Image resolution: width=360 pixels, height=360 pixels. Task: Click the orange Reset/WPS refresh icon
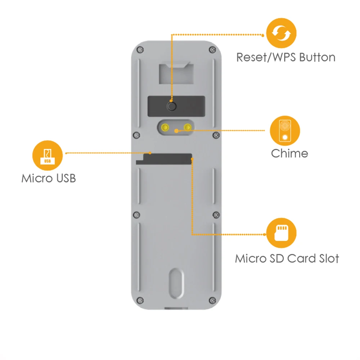point(281,33)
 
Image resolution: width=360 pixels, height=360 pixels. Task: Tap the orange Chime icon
point(285,130)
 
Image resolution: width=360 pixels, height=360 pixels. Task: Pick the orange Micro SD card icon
point(281,234)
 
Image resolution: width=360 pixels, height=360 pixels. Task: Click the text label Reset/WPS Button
point(285,57)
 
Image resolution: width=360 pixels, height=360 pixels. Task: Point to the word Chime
point(289,153)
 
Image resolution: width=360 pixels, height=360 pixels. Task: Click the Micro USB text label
point(49,178)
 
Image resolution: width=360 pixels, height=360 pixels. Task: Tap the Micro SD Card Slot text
point(287,258)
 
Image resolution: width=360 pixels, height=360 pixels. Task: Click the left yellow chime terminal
point(165,126)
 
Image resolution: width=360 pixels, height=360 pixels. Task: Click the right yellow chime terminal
point(187,126)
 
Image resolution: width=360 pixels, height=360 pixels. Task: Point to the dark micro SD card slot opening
point(164,159)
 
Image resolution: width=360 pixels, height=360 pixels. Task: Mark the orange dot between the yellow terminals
point(176,131)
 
